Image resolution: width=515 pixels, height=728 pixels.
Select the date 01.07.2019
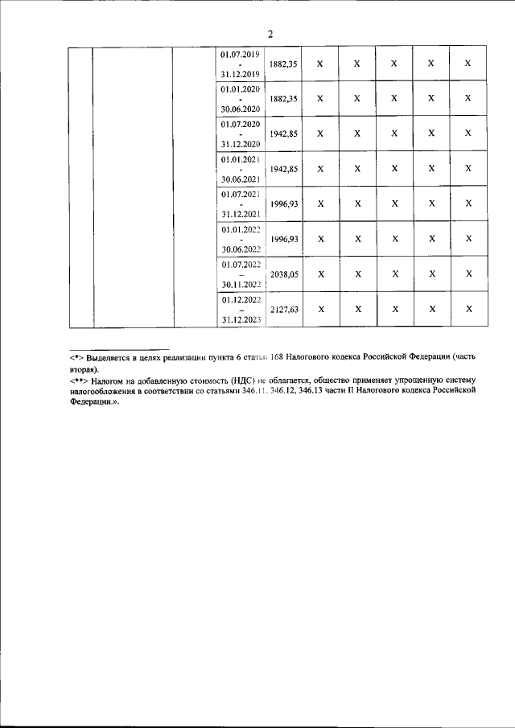239,54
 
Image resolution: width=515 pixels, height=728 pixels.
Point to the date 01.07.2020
239,125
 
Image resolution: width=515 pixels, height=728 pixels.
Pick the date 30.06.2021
239,179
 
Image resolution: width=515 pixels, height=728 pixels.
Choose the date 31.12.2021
239,214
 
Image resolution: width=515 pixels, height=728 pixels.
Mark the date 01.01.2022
239,230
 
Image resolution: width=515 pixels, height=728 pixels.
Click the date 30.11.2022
239,284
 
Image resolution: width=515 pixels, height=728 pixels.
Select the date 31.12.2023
239,319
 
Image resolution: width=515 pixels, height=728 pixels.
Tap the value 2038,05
284,274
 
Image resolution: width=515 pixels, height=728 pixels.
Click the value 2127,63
284,309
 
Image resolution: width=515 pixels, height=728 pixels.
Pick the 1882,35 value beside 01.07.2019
284,64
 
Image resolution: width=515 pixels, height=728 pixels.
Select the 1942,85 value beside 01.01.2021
284,169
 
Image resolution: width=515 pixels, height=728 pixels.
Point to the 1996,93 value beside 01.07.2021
284,204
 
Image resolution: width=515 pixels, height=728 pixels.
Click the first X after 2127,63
320,309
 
